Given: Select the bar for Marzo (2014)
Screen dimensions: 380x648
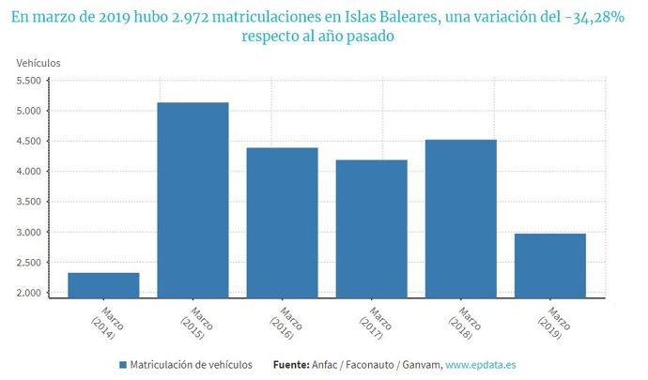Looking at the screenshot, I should pos(103,285).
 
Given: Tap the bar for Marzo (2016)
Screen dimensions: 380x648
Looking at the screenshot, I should pos(282,222).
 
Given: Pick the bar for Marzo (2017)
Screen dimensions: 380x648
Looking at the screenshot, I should pos(371,229).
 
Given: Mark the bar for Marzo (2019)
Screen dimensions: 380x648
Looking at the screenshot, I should pos(549,266).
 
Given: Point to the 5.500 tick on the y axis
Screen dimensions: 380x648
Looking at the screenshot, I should pos(28,81).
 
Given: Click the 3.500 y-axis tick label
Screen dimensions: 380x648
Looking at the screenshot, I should pos(28,202).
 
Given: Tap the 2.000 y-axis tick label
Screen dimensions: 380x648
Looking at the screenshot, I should pos(28,293).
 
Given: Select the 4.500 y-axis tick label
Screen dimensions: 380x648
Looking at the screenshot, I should pos(28,142).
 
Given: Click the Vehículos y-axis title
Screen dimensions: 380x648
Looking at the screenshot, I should pos(39,62).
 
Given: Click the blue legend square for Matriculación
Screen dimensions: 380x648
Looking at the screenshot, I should pos(123,364).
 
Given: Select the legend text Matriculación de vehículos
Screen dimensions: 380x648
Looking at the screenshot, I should pos(191,364).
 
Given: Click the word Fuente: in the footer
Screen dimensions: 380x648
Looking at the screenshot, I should pos(294,364).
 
